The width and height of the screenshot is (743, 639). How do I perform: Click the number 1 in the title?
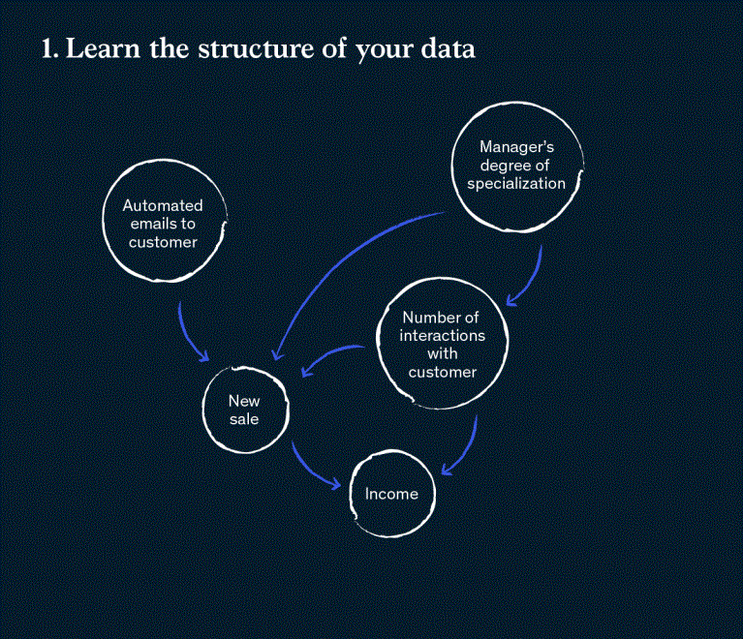pyautogui.click(x=47, y=50)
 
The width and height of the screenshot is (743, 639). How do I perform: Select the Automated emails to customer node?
pyautogui.click(x=164, y=223)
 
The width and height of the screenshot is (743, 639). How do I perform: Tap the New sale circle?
pyautogui.click(x=244, y=410)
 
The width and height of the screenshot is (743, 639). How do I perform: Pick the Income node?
pyautogui.click(x=391, y=494)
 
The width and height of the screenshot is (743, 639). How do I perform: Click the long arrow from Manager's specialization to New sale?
pyautogui.click(x=329, y=261)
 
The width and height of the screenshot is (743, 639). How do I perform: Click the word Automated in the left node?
pyautogui.click(x=163, y=205)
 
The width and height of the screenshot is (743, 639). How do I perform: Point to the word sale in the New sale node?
pyautogui.click(x=244, y=419)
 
